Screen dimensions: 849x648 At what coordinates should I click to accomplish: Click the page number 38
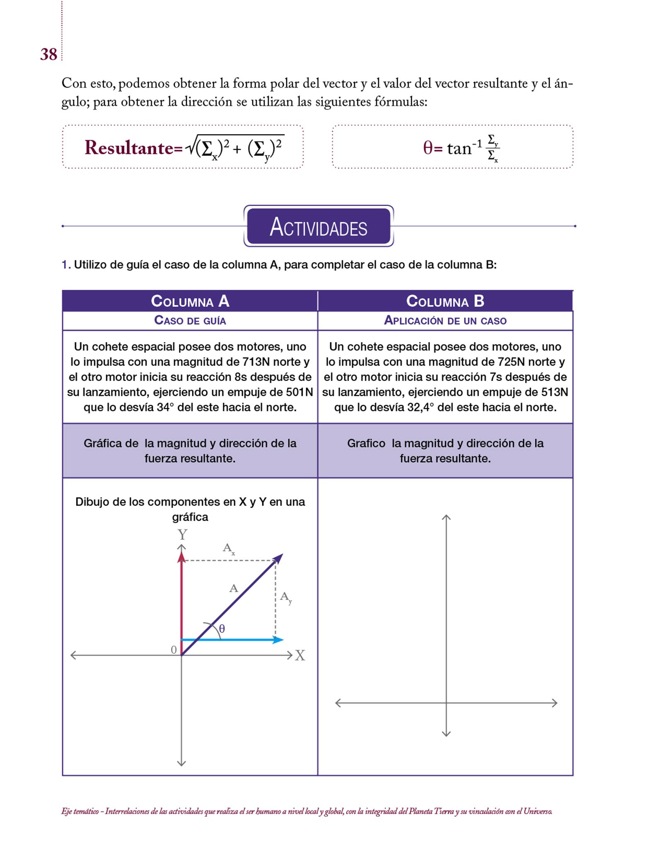48,54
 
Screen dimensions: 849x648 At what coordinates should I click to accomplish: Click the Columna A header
190,301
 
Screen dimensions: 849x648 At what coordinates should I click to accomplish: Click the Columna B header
445,301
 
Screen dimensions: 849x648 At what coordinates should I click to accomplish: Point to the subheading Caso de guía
190,320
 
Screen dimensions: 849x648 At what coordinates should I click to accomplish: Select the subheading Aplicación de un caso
445,320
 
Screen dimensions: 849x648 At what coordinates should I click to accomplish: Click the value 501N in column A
299,392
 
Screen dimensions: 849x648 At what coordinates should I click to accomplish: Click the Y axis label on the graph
182,534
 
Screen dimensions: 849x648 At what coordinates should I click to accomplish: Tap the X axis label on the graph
300,655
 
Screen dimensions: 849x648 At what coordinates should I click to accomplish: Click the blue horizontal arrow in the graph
232,640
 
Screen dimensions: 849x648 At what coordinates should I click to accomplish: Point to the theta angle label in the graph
222,629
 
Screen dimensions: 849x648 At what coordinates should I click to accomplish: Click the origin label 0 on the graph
174,650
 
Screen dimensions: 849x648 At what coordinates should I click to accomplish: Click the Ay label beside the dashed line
286,597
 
